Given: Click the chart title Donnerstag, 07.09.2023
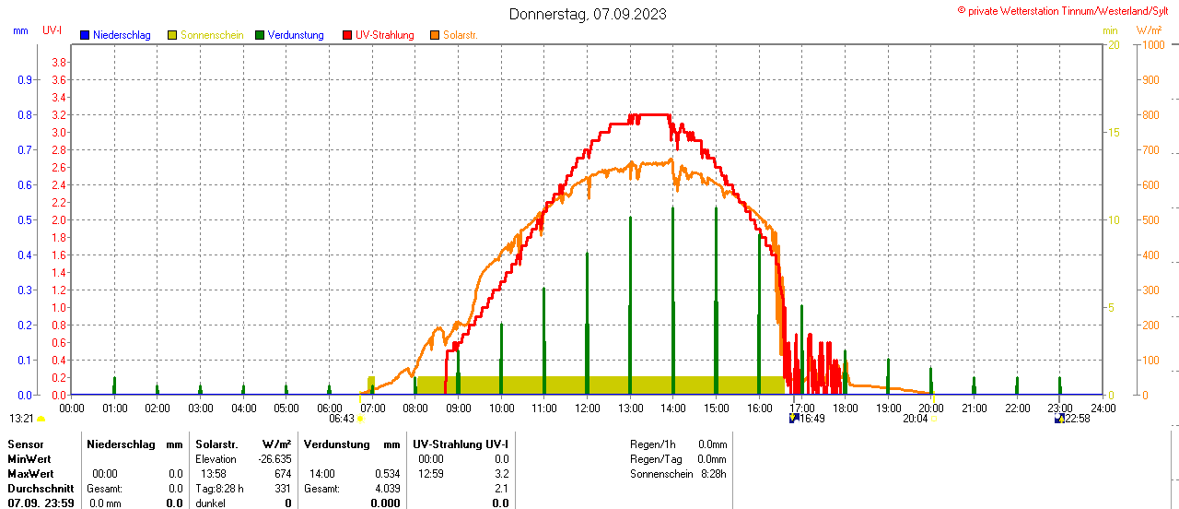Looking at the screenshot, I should pos(588,14).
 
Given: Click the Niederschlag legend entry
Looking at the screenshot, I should pos(122,35).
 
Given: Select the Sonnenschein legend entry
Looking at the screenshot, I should pos(212,35).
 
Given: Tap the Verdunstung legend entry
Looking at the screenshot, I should pos(296,35).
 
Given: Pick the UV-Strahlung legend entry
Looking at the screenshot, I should pos(391,35).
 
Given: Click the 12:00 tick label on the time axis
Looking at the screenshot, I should pos(587,408).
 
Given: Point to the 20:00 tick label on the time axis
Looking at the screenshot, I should pos(931,408).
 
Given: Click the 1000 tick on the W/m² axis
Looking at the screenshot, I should pos(1152,45).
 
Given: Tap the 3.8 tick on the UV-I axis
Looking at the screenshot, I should pos(58,62).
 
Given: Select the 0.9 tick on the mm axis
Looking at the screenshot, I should pos(25,79).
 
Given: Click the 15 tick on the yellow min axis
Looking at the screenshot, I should pos(1114,133).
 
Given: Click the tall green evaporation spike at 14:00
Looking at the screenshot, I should pos(673,277).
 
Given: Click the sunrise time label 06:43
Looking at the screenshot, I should pos(342,419).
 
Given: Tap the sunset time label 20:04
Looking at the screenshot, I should pos(915,419).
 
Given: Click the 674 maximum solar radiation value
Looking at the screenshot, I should pos(282,474).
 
